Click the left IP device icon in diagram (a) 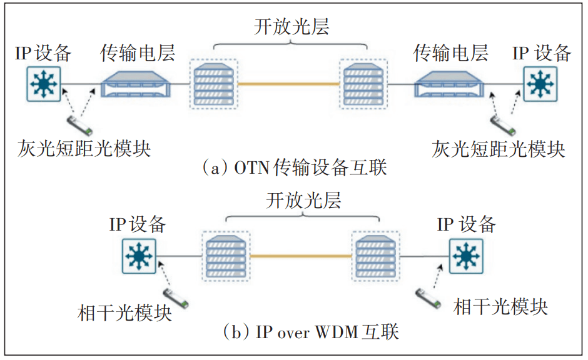44,84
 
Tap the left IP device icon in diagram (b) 138,256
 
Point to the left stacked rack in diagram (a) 214,83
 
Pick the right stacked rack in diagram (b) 376,256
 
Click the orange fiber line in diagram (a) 288,83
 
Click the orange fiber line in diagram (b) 301,256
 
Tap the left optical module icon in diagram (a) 80,122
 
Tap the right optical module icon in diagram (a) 504,124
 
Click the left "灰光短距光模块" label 85,149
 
